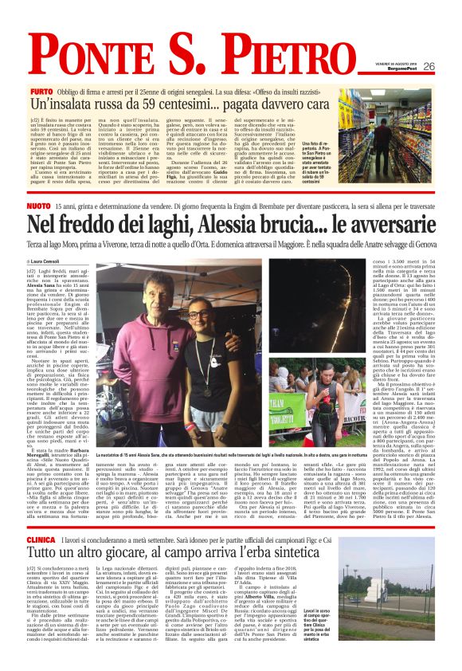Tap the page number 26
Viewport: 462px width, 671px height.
(429, 67)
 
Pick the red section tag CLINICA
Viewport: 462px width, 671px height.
(42, 519)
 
